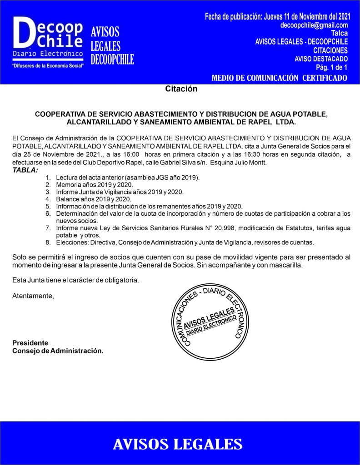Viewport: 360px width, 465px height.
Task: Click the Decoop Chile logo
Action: [x=48, y=39]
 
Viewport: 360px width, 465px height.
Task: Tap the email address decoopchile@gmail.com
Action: [x=315, y=25]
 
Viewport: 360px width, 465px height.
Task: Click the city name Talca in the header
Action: [x=340, y=34]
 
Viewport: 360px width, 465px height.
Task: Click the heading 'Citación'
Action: [x=181, y=89]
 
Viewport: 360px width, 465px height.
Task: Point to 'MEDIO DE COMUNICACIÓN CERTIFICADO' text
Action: [x=280, y=78]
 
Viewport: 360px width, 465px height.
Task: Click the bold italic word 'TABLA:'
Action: [x=25, y=170]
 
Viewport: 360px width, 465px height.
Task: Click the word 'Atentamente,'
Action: [x=33, y=296]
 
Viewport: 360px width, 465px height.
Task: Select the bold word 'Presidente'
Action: [x=30, y=343]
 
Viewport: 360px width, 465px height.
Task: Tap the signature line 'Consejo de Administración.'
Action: [x=58, y=351]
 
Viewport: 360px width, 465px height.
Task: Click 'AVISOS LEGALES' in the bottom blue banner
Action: [x=178, y=444]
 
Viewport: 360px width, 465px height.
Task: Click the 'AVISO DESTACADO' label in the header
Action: [x=321, y=59]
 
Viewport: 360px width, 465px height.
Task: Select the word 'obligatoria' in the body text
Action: [x=119, y=280]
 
